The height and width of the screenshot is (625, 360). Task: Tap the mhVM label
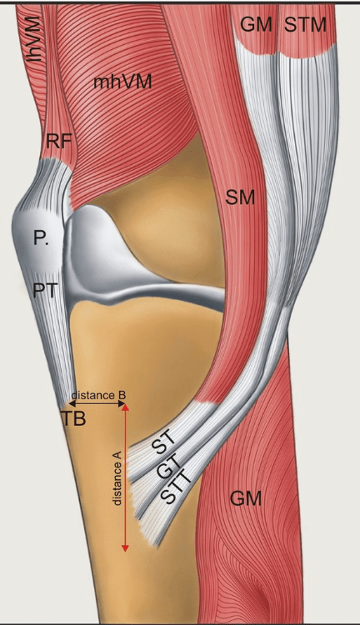point(122,82)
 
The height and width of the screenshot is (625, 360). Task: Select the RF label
point(59,141)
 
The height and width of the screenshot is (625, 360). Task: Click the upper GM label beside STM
point(257,25)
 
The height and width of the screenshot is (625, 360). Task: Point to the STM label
point(305,25)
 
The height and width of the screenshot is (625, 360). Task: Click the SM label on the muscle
point(240,197)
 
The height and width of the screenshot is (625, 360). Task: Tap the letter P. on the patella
point(40,239)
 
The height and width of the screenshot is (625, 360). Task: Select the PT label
point(45,290)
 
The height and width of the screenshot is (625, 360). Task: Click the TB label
point(73,418)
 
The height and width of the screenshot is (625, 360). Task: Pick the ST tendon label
point(165,442)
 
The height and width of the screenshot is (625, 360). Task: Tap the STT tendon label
point(176,488)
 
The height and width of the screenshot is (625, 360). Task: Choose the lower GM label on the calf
point(246,498)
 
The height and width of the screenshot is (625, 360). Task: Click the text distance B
point(98,395)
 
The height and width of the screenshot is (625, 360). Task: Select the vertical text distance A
point(117,478)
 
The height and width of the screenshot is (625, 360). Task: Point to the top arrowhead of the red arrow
point(125,407)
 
